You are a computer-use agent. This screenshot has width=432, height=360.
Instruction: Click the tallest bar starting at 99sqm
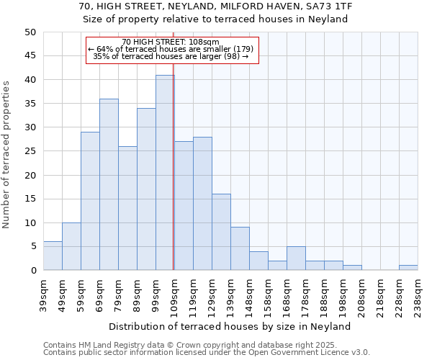(165, 173)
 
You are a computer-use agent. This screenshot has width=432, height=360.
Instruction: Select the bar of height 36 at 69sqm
(109, 184)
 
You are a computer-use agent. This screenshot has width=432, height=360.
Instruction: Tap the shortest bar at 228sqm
(408, 268)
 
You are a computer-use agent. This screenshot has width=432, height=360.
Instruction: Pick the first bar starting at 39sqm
(53, 256)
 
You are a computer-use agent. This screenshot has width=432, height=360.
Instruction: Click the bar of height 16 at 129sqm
(221, 232)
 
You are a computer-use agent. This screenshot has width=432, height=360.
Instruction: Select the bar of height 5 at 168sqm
(296, 258)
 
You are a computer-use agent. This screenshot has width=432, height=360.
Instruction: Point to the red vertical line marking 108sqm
(174, 166)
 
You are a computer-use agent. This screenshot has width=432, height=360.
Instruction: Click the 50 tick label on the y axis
(30, 32)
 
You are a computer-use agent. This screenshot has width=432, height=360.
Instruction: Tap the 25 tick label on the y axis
(30, 151)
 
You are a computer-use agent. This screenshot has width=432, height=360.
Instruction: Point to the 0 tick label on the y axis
(33, 271)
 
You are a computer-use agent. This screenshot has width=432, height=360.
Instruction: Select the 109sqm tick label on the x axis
(175, 294)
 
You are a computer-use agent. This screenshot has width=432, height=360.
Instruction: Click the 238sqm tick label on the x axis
(418, 294)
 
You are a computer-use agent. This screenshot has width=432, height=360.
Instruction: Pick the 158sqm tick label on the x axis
(269, 294)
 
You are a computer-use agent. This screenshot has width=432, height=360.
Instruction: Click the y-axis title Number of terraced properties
(6, 154)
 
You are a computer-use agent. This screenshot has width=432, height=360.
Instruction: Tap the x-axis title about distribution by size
(230, 326)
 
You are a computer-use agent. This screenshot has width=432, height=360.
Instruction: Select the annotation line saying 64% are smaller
(171, 49)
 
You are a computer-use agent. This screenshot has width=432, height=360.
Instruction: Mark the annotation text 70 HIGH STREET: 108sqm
(171, 42)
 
